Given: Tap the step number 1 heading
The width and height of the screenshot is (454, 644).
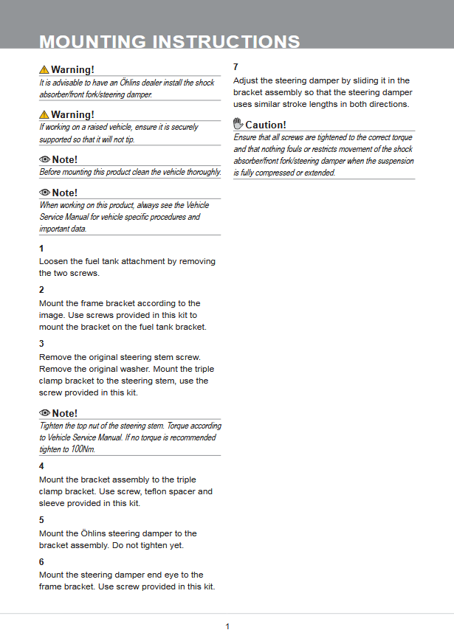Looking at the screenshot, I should click(41, 248).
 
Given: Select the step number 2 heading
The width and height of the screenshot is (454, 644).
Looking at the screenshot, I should click(41, 290).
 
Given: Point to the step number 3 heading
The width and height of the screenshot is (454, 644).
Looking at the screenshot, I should click(41, 344).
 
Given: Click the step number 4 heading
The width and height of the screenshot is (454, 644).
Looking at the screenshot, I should click(41, 466).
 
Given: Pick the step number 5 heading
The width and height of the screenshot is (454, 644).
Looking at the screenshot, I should click(41, 520).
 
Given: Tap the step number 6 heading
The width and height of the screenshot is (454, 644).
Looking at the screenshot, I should click(41, 561).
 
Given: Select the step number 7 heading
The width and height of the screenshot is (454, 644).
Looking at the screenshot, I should click(235, 67).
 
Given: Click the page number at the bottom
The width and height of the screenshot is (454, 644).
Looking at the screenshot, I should click(227, 626).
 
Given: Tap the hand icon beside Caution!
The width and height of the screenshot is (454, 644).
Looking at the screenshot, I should click(238, 124).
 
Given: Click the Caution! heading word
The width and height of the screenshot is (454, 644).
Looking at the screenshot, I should click(266, 125).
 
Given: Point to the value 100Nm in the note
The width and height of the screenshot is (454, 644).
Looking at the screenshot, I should click(82, 449).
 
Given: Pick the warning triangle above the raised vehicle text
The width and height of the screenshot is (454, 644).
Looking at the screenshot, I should click(44, 114).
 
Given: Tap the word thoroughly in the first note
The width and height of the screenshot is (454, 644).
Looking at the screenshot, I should click(202, 172).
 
